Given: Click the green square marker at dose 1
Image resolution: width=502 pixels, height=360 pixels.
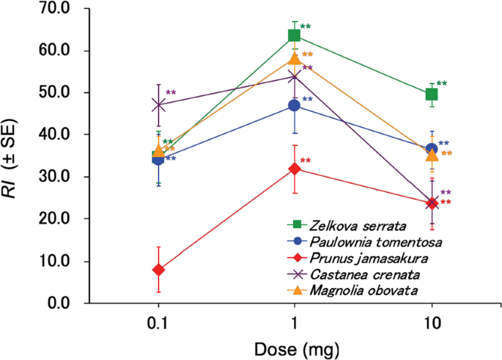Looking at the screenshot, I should [x=295, y=35].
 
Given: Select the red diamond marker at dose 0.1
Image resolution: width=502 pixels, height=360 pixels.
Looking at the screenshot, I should [x=158, y=270].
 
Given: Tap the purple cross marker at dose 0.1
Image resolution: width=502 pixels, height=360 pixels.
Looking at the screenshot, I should [x=158, y=105].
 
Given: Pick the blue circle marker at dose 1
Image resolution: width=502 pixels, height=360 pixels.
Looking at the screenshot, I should [x=295, y=106].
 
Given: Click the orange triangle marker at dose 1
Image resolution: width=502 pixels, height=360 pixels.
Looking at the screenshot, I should [x=295, y=59].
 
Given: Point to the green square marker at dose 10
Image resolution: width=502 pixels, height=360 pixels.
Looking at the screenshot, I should [x=432, y=95].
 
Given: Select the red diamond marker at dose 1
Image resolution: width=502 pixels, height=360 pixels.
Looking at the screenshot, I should [x=295, y=169].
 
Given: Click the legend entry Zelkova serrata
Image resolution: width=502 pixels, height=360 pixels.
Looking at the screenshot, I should [x=346, y=225].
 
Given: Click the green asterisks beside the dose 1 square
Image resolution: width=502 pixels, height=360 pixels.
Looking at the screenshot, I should [x=306, y=28].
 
